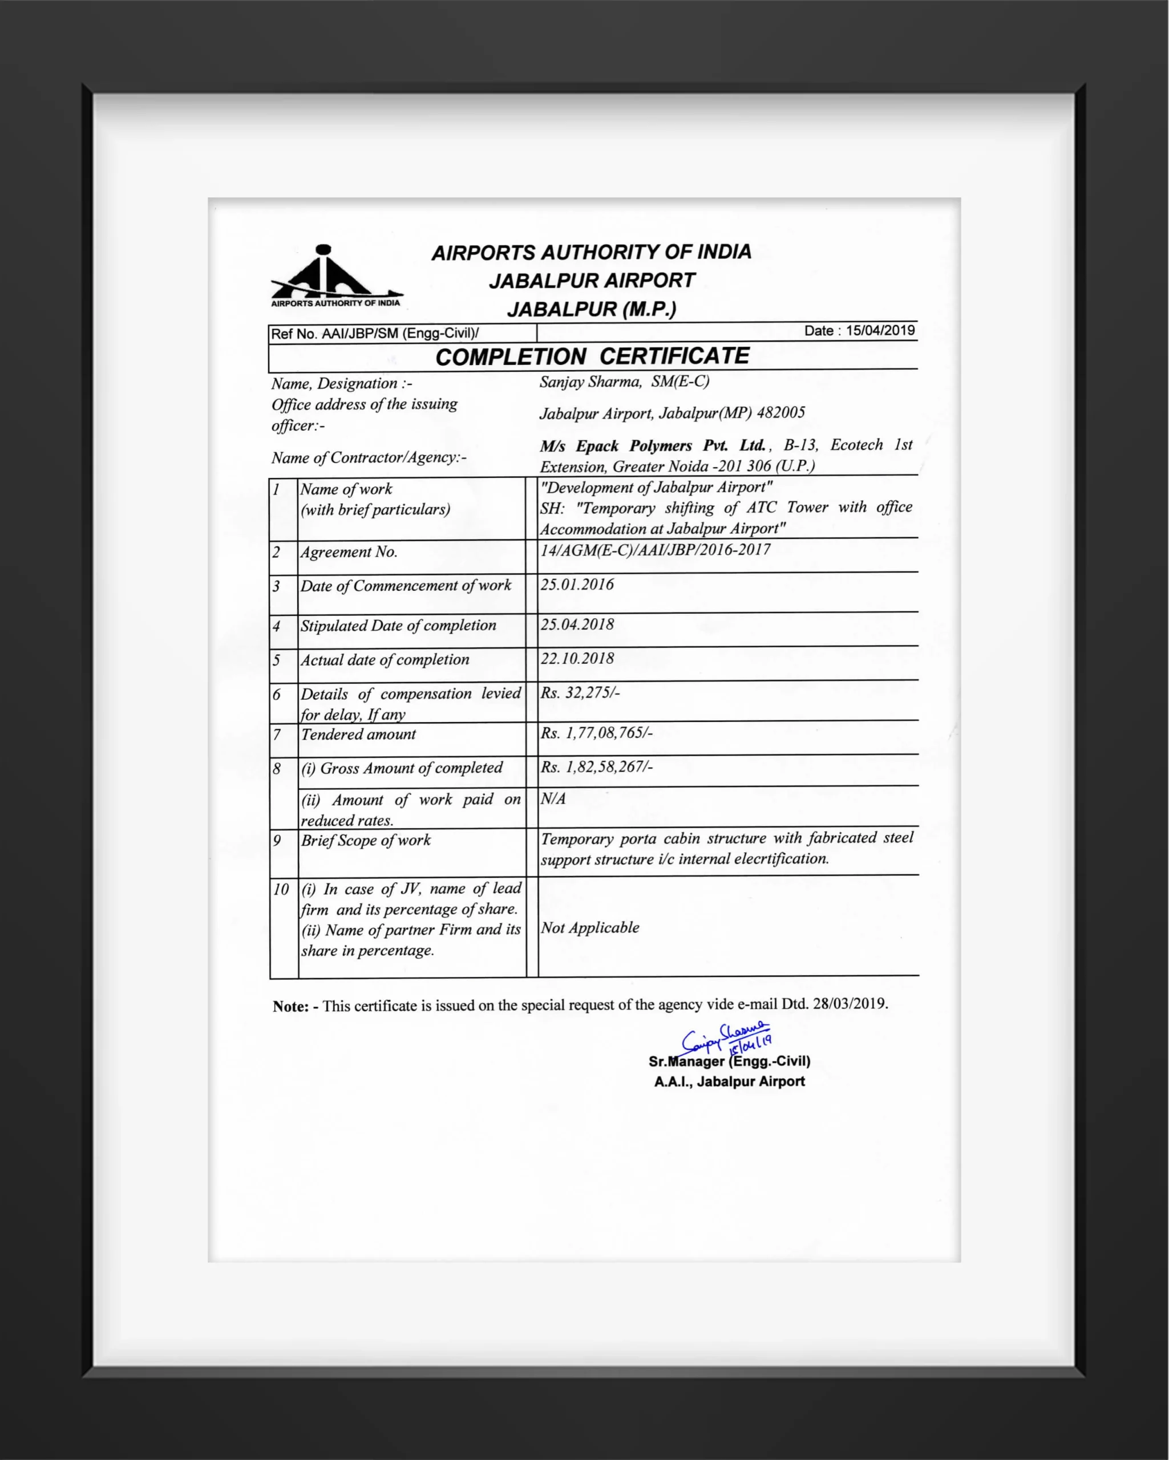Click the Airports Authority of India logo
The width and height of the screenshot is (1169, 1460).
click(x=336, y=275)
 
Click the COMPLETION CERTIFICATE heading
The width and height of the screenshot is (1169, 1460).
click(x=592, y=356)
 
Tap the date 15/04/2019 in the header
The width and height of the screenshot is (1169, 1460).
click(x=880, y=330)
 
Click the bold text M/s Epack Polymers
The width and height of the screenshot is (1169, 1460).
click(x=652, y=445)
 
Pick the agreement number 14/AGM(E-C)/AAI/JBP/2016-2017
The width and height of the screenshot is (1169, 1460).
click(x=655, y=549)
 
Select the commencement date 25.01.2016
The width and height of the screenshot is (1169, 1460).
click(x=577, y=585)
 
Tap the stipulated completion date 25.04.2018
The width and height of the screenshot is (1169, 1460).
click(x=577, y=624)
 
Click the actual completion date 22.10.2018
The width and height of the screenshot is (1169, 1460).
click(x=577, y=658)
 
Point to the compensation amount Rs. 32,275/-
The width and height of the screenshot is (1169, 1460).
click(x=580, y=692)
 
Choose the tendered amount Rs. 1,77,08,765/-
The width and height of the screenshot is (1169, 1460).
click(x=596, y=733)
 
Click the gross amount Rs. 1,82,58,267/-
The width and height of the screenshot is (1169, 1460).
click(x=596, y=766)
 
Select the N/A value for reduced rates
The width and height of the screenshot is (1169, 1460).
click(x=553, y=798)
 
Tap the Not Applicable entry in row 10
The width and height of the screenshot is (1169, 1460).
click(x=589, y=927)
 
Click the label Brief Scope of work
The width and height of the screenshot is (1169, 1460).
click(x=366, y=841)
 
